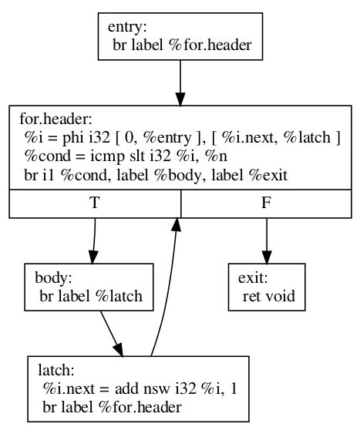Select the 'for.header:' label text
(52, 120)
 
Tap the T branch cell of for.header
(95, 205)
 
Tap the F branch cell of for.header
(267, 205)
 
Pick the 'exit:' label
(251, 277)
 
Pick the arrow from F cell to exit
(267, 240)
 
